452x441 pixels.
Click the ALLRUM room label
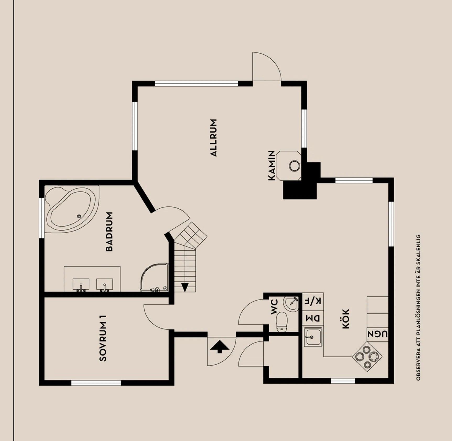click(214, 138)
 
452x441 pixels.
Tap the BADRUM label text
click(109, 231)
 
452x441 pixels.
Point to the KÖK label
click(346, 319)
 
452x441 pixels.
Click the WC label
click(274, 307)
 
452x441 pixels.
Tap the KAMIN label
click(272, 166)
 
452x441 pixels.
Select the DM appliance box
click(313, 318)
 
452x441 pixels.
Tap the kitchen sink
click(313, 337)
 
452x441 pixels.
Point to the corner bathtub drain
click(79, 216)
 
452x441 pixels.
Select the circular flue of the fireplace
click(295, 166)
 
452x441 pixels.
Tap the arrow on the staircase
click(185, 287)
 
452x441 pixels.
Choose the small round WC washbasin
click(291, 303)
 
